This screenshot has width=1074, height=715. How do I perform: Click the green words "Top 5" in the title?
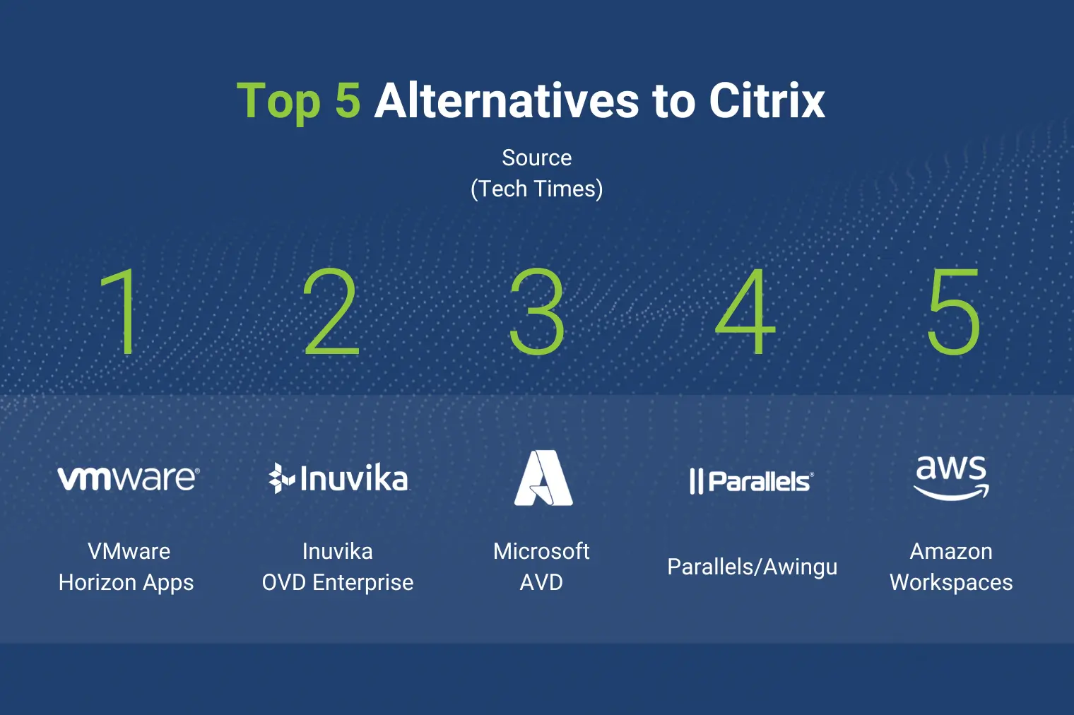click(x=298, y=101)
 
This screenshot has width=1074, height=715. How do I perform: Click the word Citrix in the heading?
click(x=767, y=100)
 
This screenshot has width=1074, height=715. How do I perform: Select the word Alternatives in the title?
click(x=507, y=100)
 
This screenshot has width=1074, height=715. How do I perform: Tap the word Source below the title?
click(x=537, y=158)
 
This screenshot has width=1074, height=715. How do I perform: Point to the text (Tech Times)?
click(x=537, y=189)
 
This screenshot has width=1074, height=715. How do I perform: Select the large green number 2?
click(x=331, y=312)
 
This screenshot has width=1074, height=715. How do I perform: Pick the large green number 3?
click(x=536, y=312)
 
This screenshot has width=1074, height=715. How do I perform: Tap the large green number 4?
click(x=745, y=312)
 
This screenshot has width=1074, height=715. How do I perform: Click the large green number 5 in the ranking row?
click(x=954, y=312)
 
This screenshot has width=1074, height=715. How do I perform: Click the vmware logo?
click(x=129, y=478)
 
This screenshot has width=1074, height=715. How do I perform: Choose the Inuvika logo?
click(x=338, y=478)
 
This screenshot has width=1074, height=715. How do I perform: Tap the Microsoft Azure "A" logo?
click(x=543, y=478)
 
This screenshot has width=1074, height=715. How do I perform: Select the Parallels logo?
click(x=752, y=481)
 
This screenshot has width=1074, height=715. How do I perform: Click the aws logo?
click(x=951, y=478)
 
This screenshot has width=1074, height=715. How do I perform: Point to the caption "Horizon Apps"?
click(x=126, y=583)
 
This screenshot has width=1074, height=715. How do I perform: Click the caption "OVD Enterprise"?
click(x=338, y=583)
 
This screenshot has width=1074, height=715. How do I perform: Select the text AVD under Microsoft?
click(x=541, y=583)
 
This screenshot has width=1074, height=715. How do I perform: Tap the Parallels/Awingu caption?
click(x=753, y=567)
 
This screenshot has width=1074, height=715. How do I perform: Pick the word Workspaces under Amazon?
click(x=951, y=583)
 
